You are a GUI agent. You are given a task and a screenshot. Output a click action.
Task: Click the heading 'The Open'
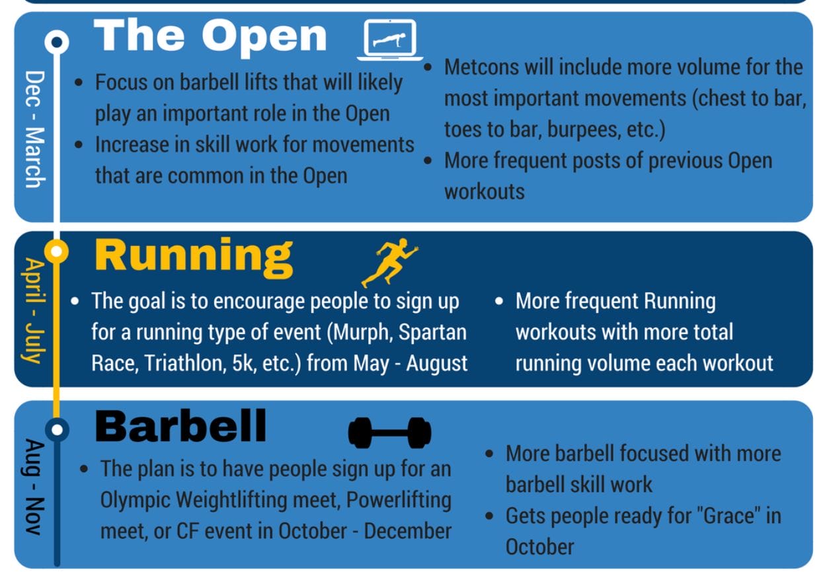[210, 37]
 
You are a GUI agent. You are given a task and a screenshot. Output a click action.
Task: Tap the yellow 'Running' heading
[194, 257]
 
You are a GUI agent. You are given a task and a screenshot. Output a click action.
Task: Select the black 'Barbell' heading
[180, 426]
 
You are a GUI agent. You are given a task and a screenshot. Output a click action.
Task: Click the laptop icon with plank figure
[390, 40]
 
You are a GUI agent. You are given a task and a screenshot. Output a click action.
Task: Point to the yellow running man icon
[389, 263]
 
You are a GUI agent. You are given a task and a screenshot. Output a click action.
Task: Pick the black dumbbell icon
[389, 433]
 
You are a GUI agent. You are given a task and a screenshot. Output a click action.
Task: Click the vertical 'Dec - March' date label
[35, 129]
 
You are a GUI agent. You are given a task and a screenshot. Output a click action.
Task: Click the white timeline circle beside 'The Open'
[57, 42]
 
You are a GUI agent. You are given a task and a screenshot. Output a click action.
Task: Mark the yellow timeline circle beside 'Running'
[56, 251]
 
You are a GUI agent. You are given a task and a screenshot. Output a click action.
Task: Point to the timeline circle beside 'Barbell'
[57, 430]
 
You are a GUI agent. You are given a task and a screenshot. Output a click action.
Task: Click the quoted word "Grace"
[729, 516]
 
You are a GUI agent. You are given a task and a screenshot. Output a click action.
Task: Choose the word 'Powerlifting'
[399, 500]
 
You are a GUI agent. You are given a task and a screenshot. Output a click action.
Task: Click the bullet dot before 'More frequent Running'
[499, 302]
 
